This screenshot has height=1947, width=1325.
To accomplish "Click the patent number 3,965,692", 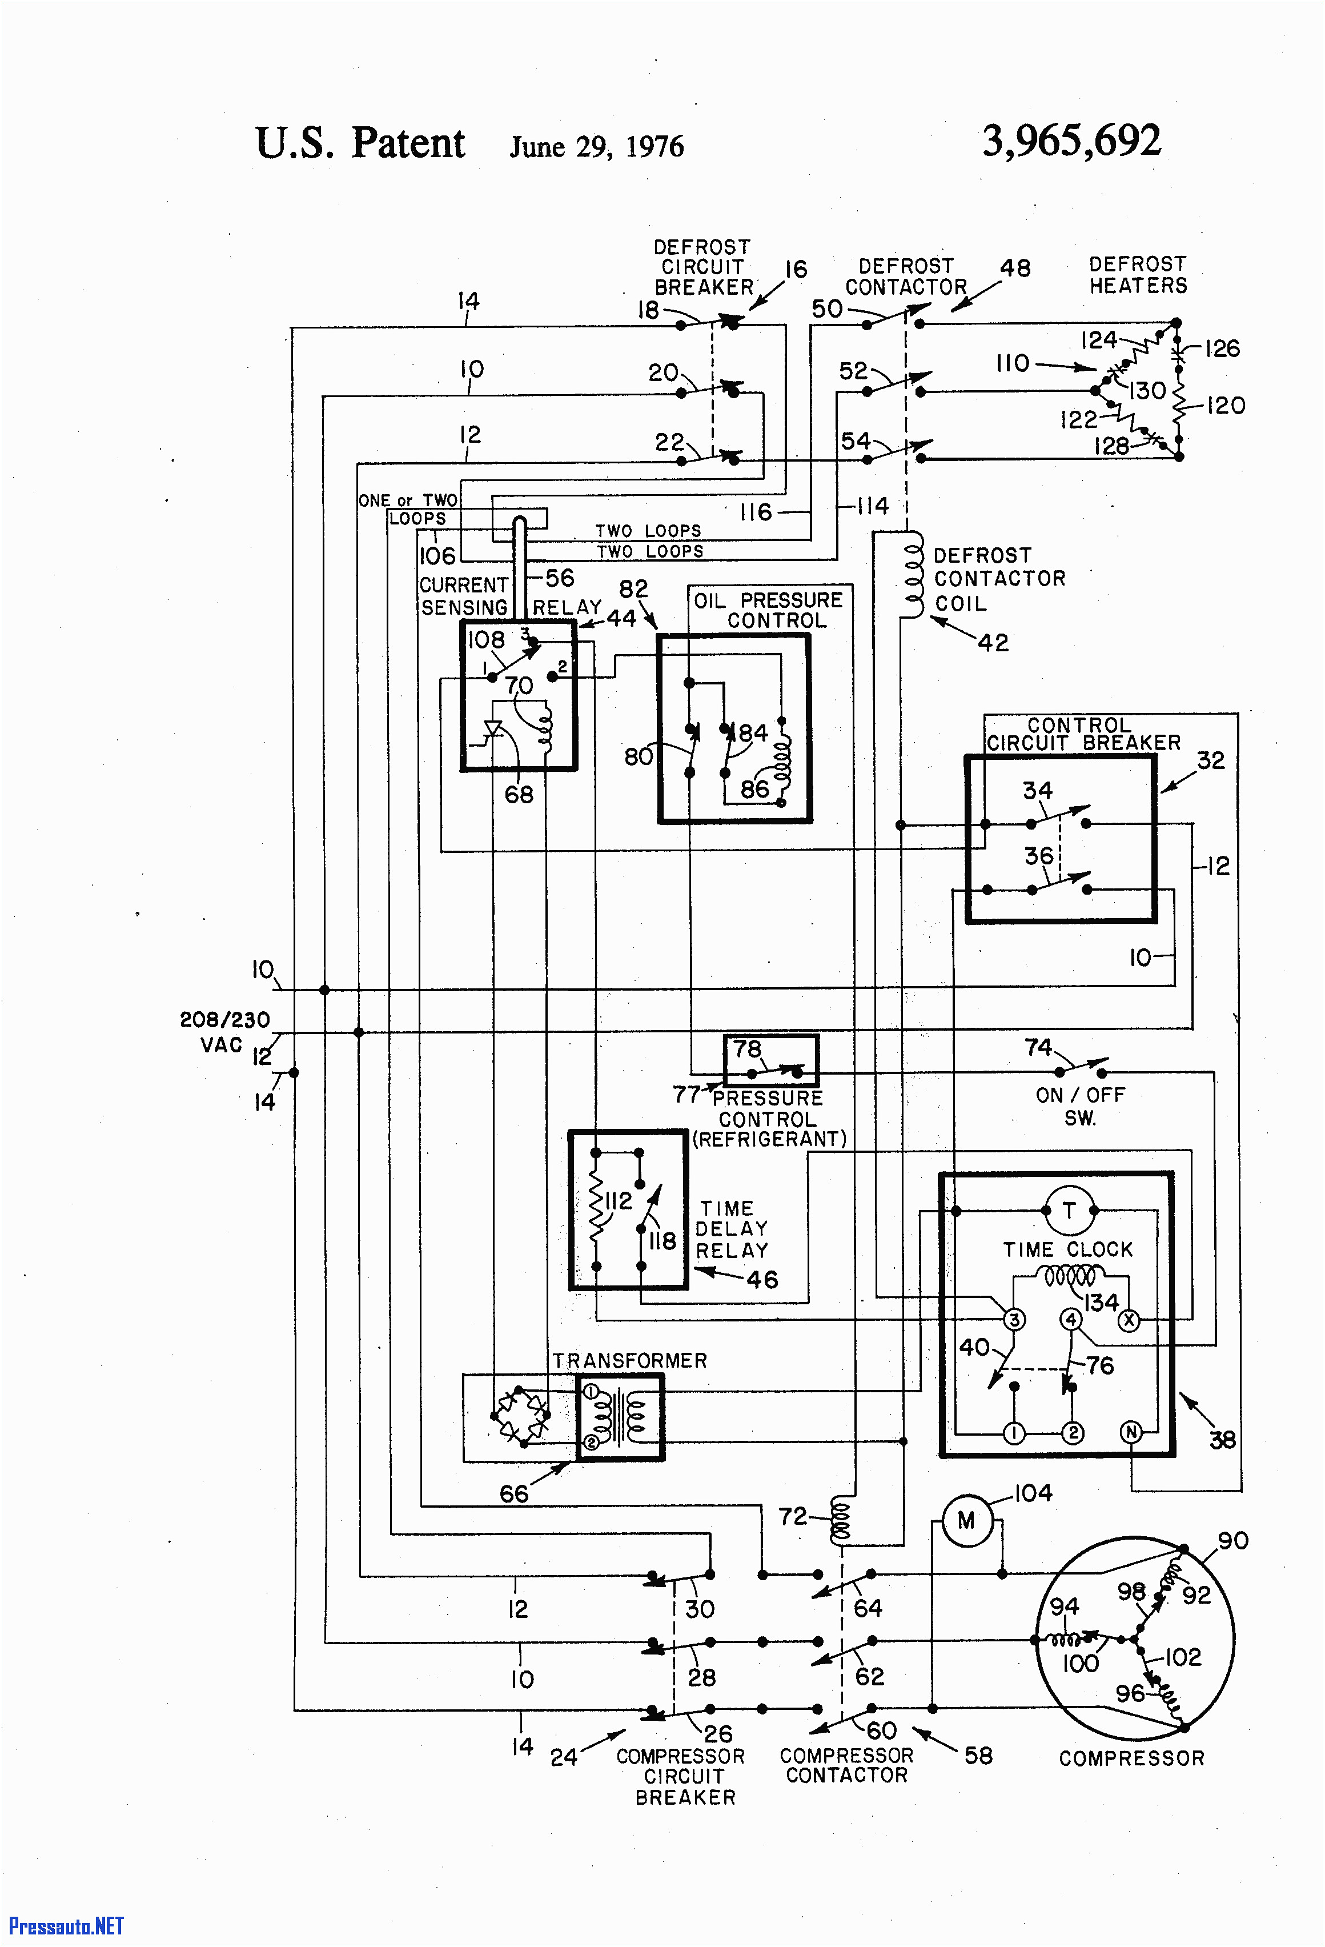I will click(x=1071, y=141).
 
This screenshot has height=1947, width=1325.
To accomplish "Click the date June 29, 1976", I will click(x=596, y=147).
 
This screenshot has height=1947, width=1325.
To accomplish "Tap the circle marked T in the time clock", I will click(x=1069, y=1211).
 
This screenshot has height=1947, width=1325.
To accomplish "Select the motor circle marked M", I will click(x=966, y=1521).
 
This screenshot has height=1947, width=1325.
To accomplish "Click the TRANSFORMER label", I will click(x=629, y=1360).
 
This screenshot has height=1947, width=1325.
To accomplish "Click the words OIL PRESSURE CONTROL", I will click(x=768, y=610).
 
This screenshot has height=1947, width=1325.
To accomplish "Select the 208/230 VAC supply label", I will click(x=224, y=1031).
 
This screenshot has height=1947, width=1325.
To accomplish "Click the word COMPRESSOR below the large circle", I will click(x=1131, y=1758).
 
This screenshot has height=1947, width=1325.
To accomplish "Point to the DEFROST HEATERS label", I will click(x=1138, y=275).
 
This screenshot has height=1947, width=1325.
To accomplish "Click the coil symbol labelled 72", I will click(x=839, y=1521).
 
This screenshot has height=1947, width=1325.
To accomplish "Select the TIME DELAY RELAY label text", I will click(x=731, y=1229).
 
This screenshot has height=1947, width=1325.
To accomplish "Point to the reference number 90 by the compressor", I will click(x=1232, y=1540).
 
